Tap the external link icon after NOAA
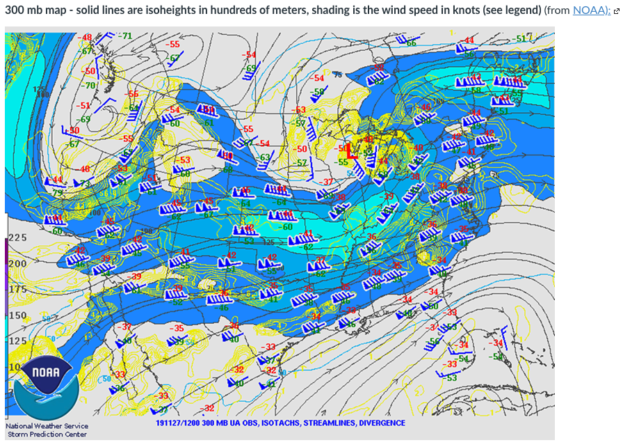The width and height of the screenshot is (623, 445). click(616, 11)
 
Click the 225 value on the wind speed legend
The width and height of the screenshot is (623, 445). click(17, 237)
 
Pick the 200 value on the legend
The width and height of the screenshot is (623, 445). click(17, 264)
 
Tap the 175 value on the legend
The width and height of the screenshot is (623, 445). click(17, 289)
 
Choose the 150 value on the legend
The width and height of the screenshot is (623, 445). click(17, 315)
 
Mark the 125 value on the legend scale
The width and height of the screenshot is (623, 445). click(17, 341)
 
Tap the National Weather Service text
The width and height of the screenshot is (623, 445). click(47, 426)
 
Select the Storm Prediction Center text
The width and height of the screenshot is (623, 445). click(47, 435)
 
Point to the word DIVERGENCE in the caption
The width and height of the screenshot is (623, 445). click(381, 423)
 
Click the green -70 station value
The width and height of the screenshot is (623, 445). click(89, 86)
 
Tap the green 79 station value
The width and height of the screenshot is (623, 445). click(57, 192)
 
